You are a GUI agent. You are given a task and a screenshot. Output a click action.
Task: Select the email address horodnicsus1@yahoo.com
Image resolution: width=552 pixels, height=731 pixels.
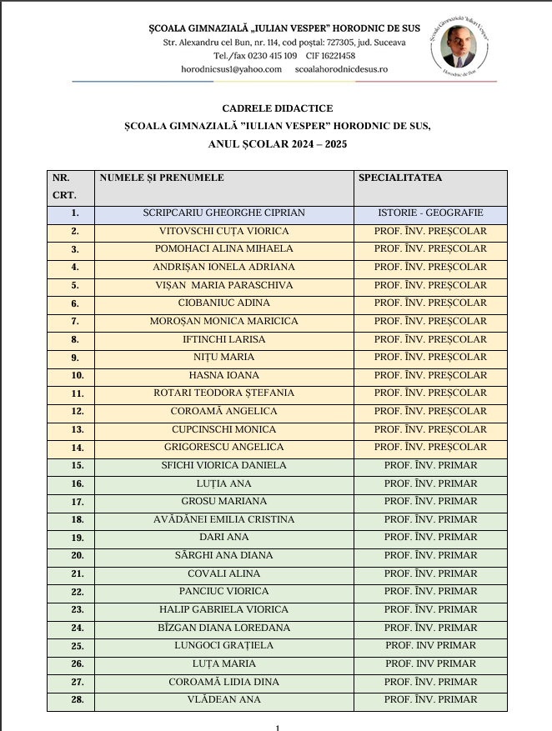coord(231,68)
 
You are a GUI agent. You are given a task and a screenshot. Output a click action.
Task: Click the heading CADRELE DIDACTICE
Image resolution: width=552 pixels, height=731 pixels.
coord(277,108)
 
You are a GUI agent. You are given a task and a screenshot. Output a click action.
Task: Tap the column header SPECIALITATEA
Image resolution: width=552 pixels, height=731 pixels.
coord(400,178)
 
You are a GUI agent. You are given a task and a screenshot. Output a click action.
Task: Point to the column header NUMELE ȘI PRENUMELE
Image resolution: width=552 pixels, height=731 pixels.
coord(162,178)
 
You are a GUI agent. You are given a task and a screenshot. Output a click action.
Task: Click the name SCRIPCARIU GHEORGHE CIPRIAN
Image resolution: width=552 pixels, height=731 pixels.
coord(224,213)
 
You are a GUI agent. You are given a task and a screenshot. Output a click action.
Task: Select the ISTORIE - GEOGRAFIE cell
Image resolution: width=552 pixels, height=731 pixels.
coord(430,213)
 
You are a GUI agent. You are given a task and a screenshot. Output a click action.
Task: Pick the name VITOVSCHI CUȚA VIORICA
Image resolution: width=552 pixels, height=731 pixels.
coord(224,231)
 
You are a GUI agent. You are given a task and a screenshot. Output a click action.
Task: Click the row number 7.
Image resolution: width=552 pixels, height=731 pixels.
coord(75,322)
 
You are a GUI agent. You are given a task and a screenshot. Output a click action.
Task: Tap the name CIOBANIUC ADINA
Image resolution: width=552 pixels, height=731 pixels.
coord(224,303)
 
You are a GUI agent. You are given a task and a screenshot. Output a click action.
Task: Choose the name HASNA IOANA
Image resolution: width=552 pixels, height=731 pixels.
coord(224,375)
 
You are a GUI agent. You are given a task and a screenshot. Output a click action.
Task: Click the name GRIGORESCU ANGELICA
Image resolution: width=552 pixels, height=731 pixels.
coord(224,448)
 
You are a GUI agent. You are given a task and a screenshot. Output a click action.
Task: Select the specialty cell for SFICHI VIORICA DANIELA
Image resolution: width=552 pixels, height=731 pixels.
coord(430,465)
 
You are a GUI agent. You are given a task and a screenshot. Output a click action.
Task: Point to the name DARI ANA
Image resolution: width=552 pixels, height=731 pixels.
coord(224,538)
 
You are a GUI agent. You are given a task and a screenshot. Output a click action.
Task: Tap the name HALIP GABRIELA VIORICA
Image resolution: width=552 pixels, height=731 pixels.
coord(224,609)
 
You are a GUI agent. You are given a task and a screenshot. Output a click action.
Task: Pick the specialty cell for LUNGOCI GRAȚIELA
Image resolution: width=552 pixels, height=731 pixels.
coord(430,646)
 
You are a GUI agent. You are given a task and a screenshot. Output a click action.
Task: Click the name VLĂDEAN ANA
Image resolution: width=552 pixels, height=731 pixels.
coord(224,700)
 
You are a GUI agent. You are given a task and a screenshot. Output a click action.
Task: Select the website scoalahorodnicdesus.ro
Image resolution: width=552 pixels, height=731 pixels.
coord(341,68)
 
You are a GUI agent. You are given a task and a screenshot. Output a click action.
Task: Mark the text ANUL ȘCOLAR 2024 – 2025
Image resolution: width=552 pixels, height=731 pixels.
coord(277,143)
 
